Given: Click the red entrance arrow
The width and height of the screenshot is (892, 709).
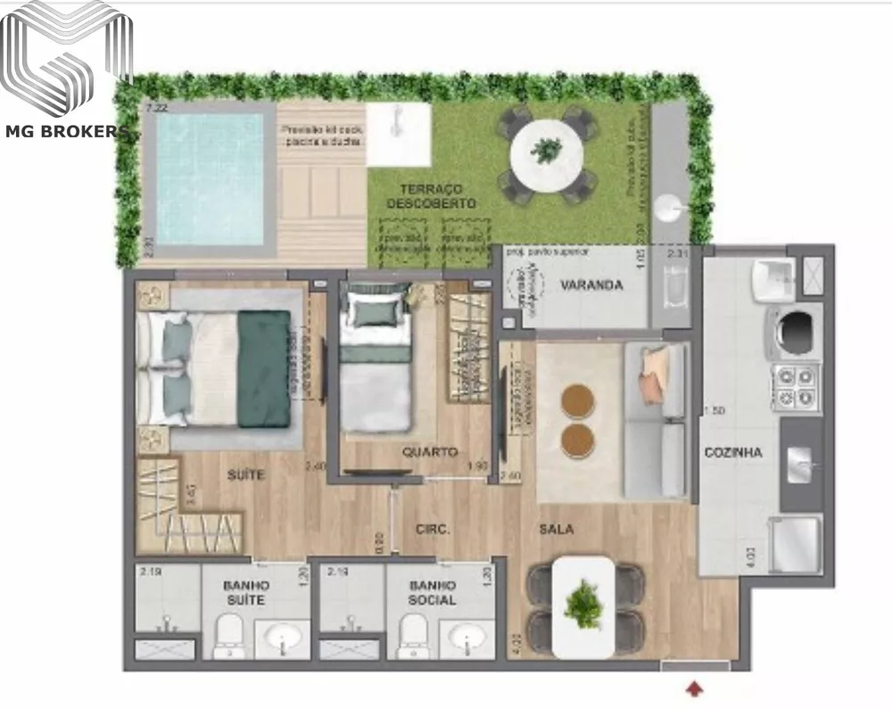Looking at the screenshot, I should (x=695, y=687).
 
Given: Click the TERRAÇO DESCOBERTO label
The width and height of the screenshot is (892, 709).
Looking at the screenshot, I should (x=431, y=196).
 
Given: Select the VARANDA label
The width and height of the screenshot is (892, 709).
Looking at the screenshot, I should (x=591, y=285).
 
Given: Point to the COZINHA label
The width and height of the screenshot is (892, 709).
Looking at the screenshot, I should (x=733, y=452).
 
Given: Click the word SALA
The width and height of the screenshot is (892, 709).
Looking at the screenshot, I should (x=556, y=529).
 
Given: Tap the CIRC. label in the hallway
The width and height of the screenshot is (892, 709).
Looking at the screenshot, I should (x=433, y=529).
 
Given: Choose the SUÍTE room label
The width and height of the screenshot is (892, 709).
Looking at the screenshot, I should (x=245, y=475).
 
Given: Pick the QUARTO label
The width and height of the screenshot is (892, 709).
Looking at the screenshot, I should (x=430, y=451).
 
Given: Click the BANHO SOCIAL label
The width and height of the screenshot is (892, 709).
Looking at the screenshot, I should (x=433, y=592).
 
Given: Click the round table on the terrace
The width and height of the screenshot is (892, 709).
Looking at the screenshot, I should (x=546, y=153).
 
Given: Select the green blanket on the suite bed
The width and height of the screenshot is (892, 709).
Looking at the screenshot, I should (x=264, y=368).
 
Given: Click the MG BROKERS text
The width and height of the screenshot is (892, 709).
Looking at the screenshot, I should (x=68, y=132).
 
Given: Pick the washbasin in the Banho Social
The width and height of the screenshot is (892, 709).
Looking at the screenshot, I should (x=467, y=639).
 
